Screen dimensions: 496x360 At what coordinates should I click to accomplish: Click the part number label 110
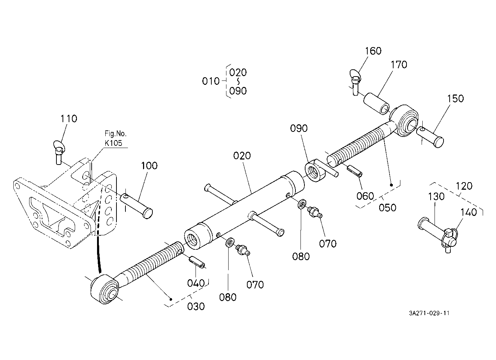69,119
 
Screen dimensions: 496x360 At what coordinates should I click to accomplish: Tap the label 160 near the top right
373,51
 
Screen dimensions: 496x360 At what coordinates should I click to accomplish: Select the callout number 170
399,65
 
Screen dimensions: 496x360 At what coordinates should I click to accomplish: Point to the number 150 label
455,99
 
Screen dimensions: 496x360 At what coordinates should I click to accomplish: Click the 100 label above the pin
149,166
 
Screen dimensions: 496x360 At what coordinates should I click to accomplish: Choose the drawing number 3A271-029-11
429,313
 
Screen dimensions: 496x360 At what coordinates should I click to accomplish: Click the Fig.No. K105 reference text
115,138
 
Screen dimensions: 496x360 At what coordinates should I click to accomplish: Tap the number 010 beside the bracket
211,82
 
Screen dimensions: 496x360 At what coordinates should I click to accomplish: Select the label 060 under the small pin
365,196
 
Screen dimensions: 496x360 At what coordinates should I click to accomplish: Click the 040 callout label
196,283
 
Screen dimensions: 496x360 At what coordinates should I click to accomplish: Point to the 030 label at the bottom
196,306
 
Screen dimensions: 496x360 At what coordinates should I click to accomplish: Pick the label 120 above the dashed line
464,186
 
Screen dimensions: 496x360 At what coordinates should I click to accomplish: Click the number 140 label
468,212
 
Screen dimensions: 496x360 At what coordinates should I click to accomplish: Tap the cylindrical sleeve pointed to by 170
376,104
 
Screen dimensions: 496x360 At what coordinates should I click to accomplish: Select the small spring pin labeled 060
354,171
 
